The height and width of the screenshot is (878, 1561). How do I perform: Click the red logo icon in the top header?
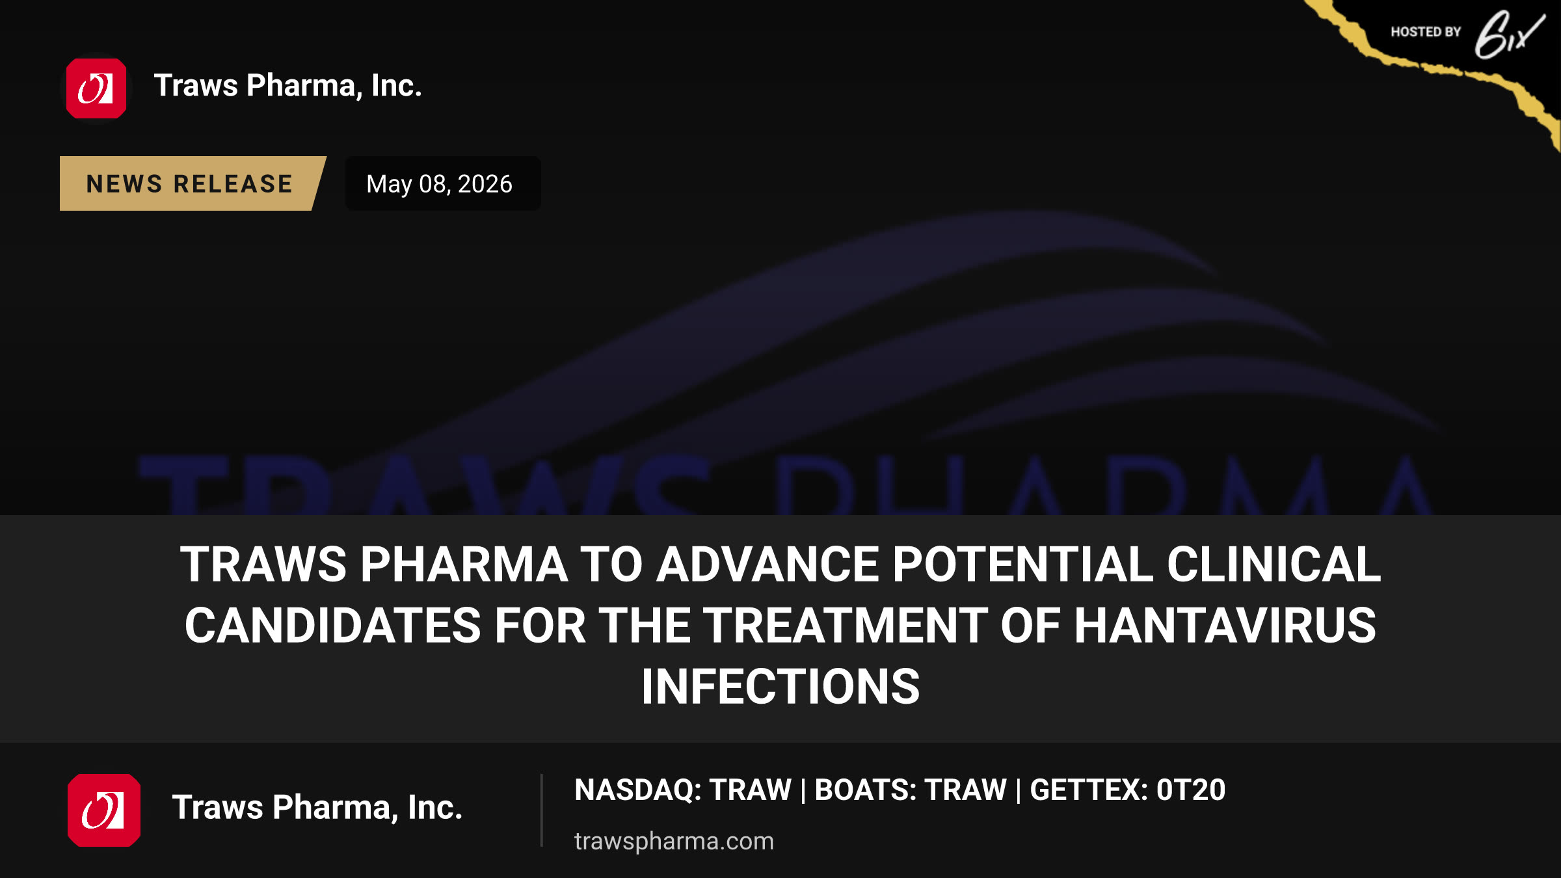pos(96,88)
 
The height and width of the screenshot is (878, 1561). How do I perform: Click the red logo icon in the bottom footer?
pos(104,810)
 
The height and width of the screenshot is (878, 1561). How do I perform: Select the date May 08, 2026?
pos(440,184)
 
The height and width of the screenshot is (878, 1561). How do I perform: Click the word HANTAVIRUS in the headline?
pos(1225,626)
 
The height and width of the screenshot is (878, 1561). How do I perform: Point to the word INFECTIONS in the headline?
pos(780,687)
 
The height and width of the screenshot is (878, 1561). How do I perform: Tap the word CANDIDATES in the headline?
pos(333,626)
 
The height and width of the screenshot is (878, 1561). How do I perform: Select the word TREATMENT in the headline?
pos(846,626)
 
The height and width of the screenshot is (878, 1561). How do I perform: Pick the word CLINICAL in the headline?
pos(1274,564)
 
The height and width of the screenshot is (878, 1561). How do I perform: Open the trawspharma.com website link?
pos(674,842)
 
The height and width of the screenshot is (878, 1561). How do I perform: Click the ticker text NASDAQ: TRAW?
pos(683,790)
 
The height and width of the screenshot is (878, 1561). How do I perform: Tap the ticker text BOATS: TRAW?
pos(911,790)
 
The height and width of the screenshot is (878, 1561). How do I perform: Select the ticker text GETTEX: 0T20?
pos(1128,790)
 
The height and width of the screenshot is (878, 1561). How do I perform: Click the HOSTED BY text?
pos(1426,32)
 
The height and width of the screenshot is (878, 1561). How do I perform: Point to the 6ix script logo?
pos(1510,35)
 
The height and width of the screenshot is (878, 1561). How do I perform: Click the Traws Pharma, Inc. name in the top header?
pos(288,86)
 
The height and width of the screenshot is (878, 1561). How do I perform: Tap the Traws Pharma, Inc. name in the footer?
pos(317,808)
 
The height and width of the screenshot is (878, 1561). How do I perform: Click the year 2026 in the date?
pos(485,184)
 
